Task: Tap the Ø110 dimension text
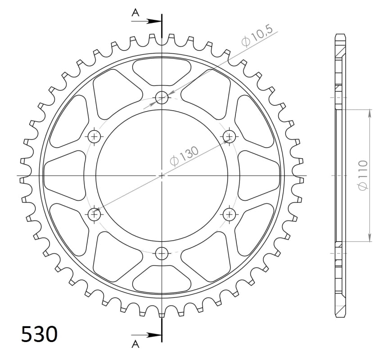point(364,175)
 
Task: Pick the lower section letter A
point(135,344)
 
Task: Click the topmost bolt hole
point(162,97)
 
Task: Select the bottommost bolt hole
point(162,253)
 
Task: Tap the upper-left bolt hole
point(95,136)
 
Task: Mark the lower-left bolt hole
point(95,214)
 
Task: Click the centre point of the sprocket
point(162,175)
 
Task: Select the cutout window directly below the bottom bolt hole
point(162,279)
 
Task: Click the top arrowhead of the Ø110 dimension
point(370,113)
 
